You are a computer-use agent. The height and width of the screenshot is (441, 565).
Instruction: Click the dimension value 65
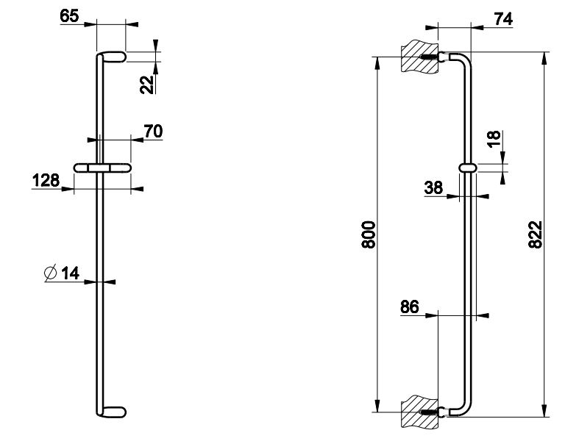pos(69,16)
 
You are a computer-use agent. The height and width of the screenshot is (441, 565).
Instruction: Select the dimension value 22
pos(147,85)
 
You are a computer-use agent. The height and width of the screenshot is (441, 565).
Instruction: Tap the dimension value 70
pos(154,131)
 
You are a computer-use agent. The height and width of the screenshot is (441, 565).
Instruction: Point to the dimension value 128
pos(46,180)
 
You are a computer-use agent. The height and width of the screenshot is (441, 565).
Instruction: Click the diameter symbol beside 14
pos(51,273)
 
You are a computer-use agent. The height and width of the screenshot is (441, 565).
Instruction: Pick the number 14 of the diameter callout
pos(71,273)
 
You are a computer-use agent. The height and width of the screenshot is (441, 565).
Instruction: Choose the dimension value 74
pos(503,18)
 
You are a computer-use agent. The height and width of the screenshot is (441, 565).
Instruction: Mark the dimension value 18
pos(494,139)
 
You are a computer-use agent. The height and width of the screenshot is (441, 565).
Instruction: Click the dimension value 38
pos(433,187)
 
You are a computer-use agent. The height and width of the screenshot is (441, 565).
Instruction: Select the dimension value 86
pos(409,307)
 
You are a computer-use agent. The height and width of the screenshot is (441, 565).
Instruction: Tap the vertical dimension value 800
pos(369,234)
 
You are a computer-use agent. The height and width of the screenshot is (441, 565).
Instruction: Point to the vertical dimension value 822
pos(535,234)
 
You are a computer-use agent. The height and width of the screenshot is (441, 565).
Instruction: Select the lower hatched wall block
pos(420,412)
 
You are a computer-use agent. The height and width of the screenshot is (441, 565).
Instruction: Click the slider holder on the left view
pos(103,168)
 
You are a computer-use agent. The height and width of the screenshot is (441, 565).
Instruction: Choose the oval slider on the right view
pos(468,168)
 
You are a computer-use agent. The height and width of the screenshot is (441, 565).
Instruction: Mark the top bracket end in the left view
pos(112,57)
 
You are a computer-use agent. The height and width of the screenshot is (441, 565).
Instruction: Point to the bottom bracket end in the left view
pos(112,412)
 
